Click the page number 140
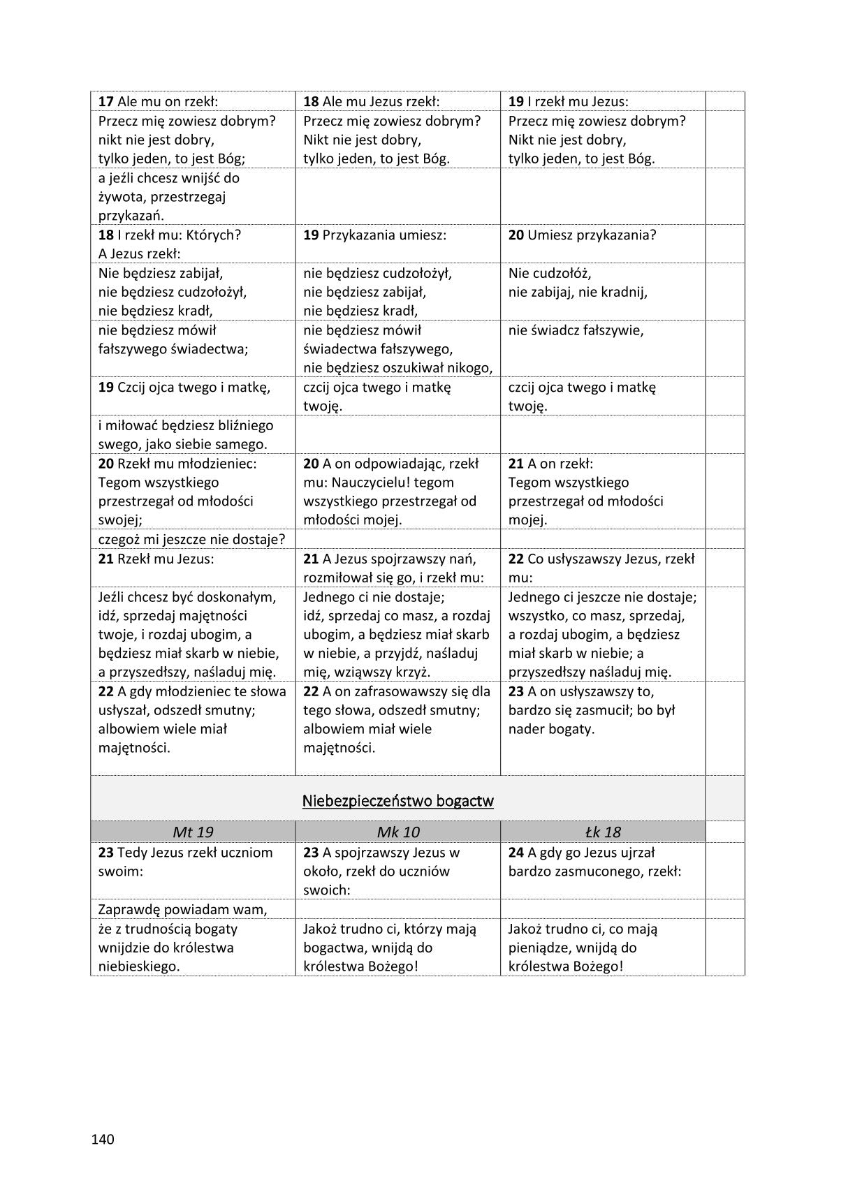[x=102, y=1140]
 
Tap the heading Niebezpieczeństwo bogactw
[x=397, y=801]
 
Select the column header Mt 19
[x=193, y=832]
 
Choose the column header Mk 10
[x=397, y=832]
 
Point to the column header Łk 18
[x=602, y=832]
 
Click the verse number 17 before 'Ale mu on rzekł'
[x=105, y=101]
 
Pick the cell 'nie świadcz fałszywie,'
[x=576, y=330]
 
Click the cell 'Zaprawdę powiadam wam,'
[x=183, y=909]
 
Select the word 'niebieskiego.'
[x=139, y=966]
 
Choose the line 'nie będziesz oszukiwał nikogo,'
[x=397, y=368]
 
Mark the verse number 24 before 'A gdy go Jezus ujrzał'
[x=516, y=853]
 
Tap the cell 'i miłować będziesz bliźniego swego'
[x=185, y=434]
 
